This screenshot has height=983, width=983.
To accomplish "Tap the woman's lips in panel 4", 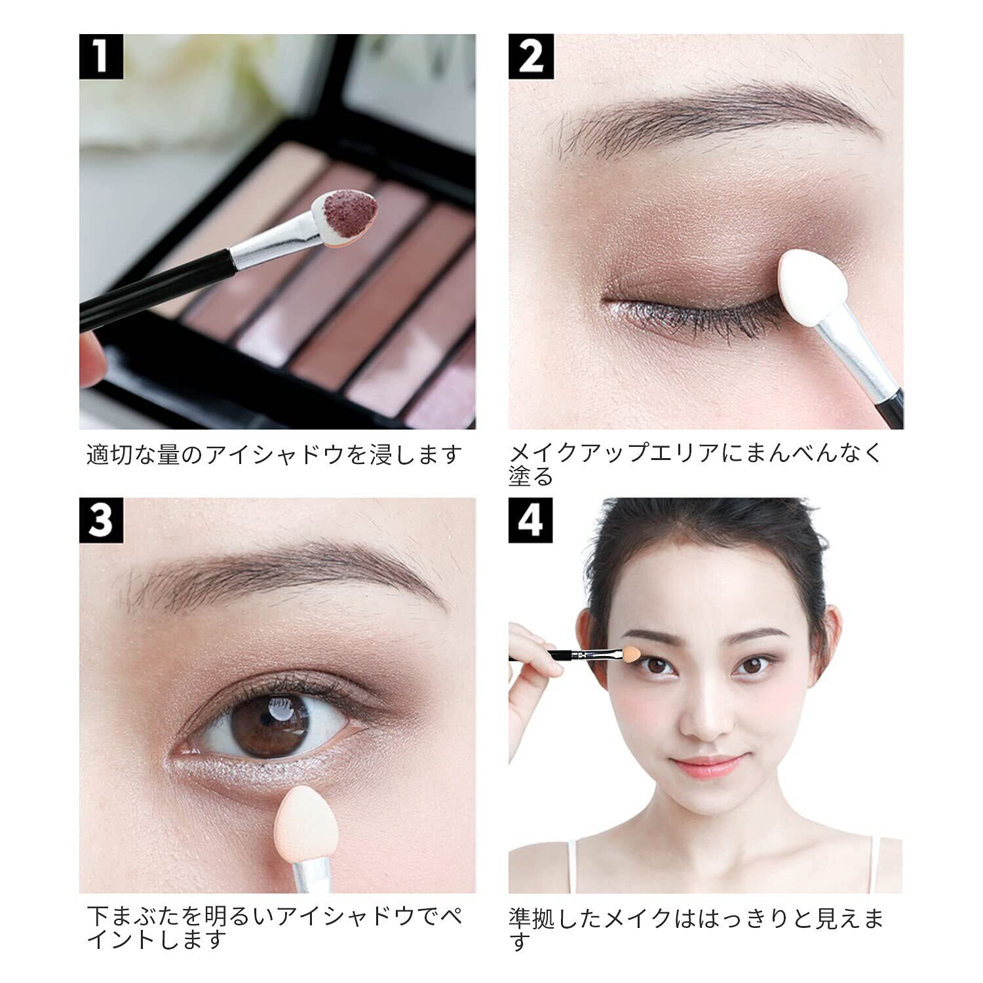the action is pyautogui.click(x=706, y=765).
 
